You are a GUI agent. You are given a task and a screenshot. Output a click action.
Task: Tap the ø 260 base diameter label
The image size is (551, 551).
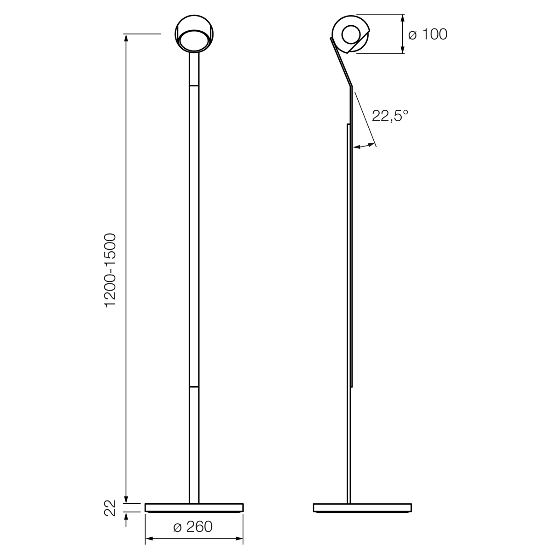(193, 527)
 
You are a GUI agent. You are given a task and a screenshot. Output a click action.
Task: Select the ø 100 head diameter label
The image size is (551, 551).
(427, 34)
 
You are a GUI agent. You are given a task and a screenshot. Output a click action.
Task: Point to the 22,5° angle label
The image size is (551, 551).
(390, 116)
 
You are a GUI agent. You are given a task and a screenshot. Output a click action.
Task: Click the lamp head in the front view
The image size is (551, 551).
(194, 34)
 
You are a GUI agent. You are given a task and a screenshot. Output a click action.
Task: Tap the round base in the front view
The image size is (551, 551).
(194, 507)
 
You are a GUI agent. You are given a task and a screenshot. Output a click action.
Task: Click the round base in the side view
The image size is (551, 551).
(362, 507)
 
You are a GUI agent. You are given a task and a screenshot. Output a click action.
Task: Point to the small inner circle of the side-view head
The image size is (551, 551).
(352, 34)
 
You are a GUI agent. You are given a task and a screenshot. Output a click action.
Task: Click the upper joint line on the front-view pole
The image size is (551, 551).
(194, 85)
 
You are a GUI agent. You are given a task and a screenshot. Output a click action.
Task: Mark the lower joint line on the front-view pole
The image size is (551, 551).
(194, 388)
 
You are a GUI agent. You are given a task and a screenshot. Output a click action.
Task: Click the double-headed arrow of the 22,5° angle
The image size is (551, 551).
(364, 146)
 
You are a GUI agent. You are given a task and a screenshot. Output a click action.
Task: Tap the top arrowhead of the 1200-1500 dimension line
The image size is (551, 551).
(126, 38)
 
